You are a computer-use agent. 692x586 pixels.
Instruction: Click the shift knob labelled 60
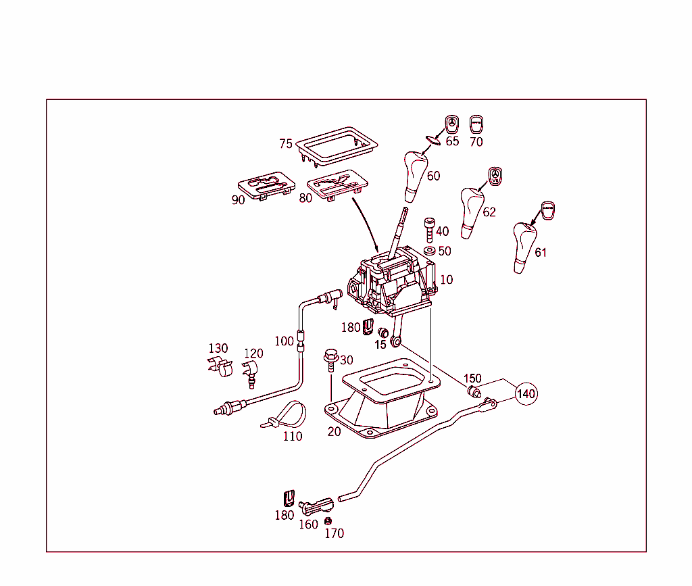416,174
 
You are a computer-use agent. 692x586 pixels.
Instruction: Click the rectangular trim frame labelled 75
337,143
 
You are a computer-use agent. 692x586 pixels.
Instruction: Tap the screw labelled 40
428,230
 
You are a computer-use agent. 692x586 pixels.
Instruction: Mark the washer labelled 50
429,251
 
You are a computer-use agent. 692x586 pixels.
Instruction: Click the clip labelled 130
220,368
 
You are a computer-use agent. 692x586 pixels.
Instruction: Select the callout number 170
334,533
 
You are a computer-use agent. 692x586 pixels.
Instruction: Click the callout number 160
308,524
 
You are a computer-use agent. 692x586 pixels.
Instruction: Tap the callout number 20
334,431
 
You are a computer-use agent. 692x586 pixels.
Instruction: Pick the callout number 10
446,279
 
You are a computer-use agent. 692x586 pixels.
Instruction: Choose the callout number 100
284,341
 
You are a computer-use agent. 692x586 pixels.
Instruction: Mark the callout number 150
472,378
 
